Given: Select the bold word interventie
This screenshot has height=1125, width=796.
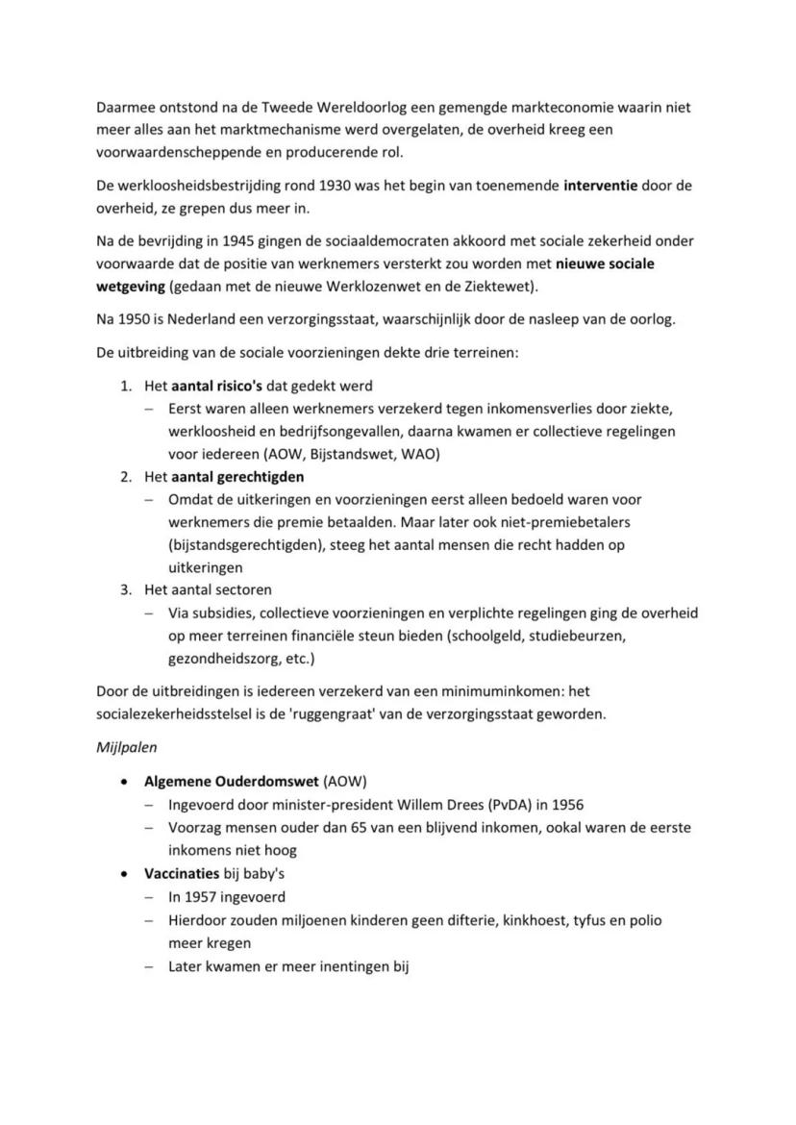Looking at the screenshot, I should tap(600, 186).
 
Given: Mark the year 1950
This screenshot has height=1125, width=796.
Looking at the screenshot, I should tap(135, 319).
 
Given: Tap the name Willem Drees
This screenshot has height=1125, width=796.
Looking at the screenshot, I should tap(451, 804).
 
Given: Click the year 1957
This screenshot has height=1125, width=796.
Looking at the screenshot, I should tap(204, 896).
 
